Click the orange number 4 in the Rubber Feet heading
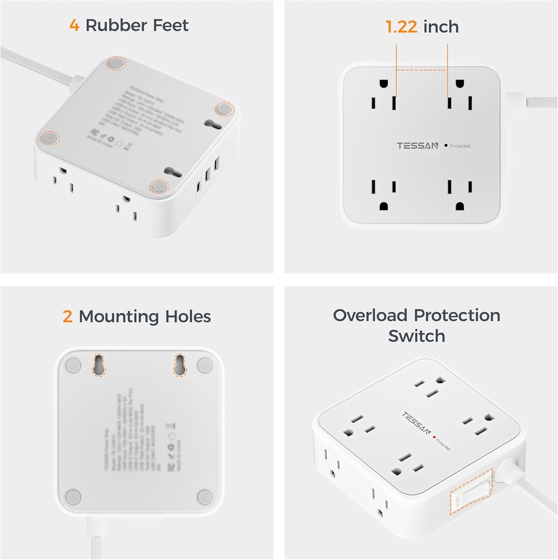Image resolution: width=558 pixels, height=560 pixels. pyautogui.click(x=74, y=25)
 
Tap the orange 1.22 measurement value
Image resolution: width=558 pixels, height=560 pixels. pyautogui.click(x=402, y=27)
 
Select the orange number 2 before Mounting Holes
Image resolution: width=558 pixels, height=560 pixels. pyautogui.click(x=68, y=316)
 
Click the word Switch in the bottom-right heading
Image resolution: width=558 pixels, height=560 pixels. pyautogui.click(x=416, y=335)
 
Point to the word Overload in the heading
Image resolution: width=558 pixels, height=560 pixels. pyautogui.click(x=370, y=315)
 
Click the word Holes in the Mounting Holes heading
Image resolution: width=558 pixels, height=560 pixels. pyautogui.click(x=185, y=316)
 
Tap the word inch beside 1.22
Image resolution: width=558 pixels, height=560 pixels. pyautogui.click(x=441, y=27)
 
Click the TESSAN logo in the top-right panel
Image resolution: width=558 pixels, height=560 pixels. pyautogui.click(x=418, y=145)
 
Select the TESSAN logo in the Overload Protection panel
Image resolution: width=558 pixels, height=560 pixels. pyautogui.click(x=417, y=423)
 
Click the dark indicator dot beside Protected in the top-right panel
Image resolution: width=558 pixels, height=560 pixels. pyautogui.click(x=446, y=145)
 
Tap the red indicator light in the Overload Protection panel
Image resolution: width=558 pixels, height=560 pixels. pyautogui.click(x=434, y=437)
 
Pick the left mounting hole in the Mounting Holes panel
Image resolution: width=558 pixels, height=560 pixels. pyautogui.click(x=99, y=365)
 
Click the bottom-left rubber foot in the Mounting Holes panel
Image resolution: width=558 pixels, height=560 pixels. pyautogui.click(x=73, y=497)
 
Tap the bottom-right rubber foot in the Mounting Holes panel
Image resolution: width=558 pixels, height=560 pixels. pyautogui.click(x=205, y=497)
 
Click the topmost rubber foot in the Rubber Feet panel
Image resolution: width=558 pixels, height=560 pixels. pyautogui.click(x=115, y=63)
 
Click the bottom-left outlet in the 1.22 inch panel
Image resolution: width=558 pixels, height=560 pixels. pyautogui.click(x=381, y=194)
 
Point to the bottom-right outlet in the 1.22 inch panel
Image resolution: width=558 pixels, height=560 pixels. pyautogui.click(x=457, y=194)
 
